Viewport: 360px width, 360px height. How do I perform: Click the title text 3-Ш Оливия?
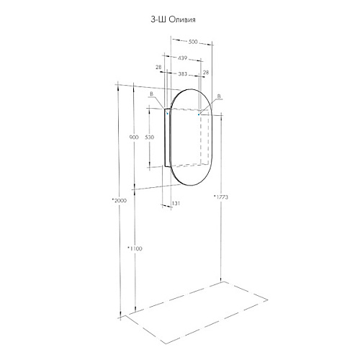pos(173,19)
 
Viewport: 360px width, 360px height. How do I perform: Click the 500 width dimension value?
pos(193,42)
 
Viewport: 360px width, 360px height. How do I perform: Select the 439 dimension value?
pos(182,58)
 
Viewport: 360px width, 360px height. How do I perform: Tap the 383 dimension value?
pos(182,74)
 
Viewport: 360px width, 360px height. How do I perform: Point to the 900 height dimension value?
pos(134,138)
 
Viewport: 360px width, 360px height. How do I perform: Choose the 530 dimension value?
pos(150,138)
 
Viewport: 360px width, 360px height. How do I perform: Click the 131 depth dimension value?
pos(176,204)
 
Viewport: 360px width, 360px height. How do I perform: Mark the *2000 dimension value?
pos(120,200)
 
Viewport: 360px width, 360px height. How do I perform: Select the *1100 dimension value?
pos(135,248)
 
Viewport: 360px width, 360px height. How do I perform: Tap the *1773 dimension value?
pos(221,197)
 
